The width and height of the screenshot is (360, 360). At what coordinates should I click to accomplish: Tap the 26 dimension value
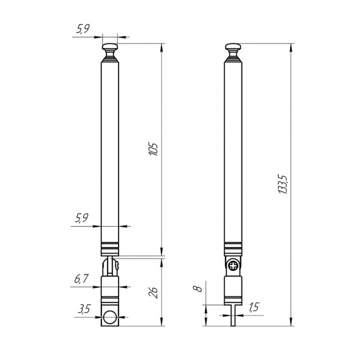(153, 292)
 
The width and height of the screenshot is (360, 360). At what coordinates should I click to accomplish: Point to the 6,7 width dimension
(81, 279)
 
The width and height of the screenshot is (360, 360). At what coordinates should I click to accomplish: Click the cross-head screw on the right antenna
(235, 266)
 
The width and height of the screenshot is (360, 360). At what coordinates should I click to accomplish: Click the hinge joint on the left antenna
(111, 266)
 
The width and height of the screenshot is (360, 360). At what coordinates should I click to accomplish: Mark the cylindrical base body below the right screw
(233, 288)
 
